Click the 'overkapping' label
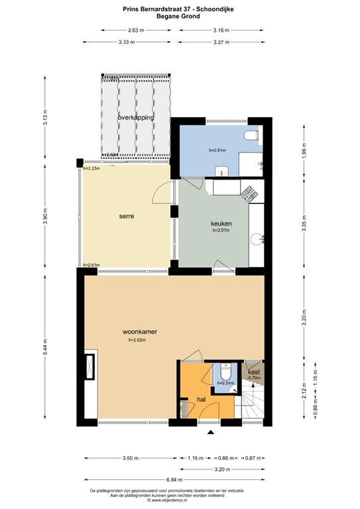point(135,117)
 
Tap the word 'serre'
point(127,216)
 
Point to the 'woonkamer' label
point(139,331)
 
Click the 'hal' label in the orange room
point(200,400)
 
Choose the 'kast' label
point(254,372)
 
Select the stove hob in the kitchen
point(252,194)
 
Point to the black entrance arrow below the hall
point(211,433)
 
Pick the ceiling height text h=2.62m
point(137,340)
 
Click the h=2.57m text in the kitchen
point(220,231)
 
